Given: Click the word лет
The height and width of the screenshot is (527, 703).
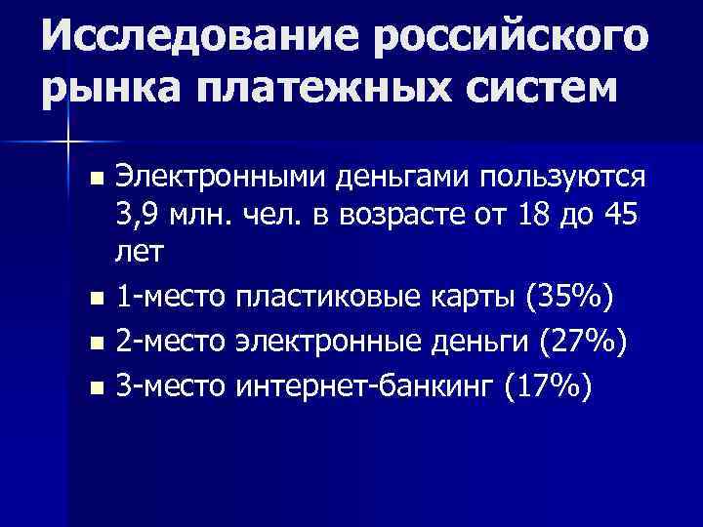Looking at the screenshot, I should [140, 251].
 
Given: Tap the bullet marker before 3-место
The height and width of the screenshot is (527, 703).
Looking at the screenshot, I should [95, 389].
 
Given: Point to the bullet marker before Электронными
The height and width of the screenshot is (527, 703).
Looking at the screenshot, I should [95, 180].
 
